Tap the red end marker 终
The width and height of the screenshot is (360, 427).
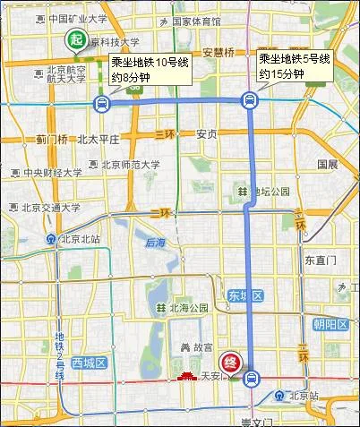coord(231,363)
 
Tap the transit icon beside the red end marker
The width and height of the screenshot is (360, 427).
coord(252,377)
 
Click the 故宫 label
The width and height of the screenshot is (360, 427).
coord(191,346)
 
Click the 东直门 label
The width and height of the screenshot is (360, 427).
coord(319,260)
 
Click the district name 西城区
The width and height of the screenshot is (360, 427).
coord(90,363)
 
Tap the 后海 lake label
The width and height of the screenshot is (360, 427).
coord(156,243)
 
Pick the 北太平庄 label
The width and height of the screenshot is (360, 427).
coord(99,140)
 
